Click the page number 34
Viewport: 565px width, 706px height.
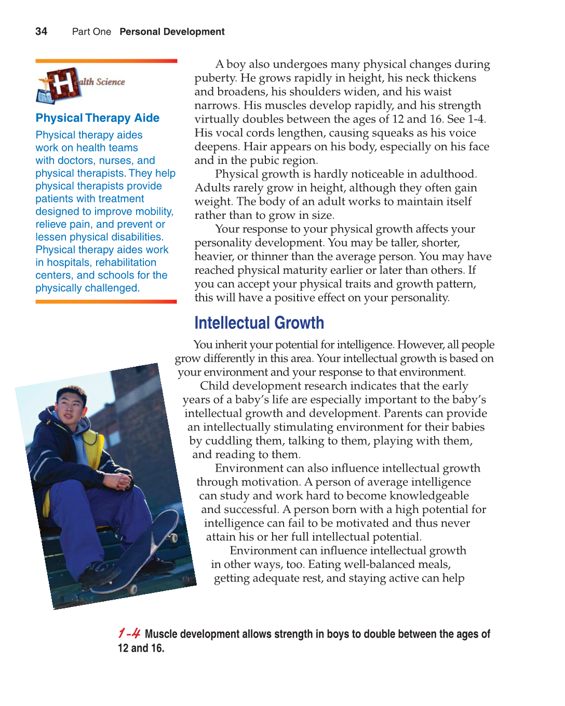coord(41,32)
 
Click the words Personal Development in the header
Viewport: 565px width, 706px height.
coord(172,32)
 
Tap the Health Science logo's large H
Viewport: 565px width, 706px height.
coord(63,84)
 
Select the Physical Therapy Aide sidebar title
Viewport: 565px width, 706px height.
coord(98,118)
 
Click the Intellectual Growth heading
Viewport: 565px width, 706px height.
coord(259,323)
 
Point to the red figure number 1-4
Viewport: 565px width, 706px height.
coord(129,633)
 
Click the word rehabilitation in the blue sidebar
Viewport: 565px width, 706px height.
coord(126,263)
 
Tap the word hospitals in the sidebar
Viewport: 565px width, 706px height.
coord(68,263)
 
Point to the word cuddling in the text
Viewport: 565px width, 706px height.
coord(228,441)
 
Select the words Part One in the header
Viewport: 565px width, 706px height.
coord(91,32)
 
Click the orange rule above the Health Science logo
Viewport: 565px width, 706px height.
coord(106,61)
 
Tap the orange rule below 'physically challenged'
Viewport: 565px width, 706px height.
coord(106,301)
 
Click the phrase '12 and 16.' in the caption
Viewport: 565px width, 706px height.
coord(141,648)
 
